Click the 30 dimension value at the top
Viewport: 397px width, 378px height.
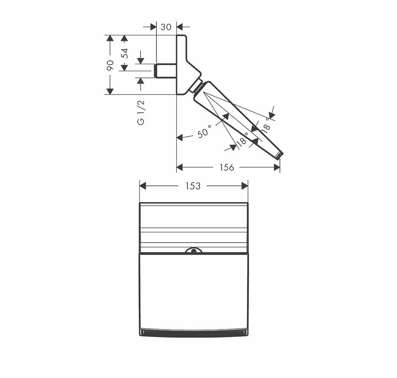[166, 27]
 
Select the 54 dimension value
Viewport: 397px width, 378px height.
[124, 53]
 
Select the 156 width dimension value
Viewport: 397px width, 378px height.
[227, 168]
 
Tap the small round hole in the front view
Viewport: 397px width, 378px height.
[193, 251]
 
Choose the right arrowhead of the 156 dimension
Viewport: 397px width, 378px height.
[277, 168]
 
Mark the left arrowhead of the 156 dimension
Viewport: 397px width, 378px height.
[179, 168]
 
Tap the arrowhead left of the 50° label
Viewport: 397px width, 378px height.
[179, 137]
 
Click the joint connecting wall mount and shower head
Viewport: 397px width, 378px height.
[198, 85]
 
